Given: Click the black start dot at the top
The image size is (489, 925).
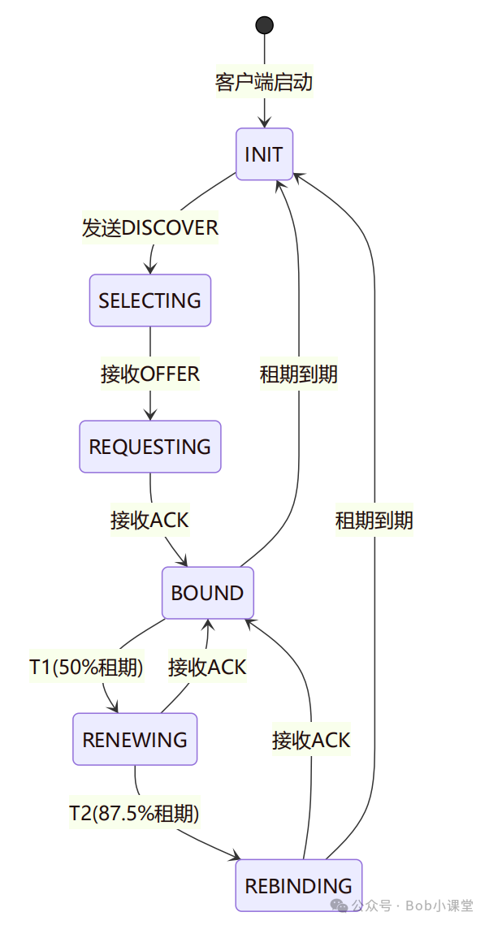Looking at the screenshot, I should [264, 25].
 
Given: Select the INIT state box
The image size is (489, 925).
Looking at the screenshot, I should [264, 154].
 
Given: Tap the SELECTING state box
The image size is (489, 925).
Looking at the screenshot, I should [150, 300].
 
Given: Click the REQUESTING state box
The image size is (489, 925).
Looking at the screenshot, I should [150, 447].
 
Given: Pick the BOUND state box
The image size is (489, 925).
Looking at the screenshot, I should [207, 593].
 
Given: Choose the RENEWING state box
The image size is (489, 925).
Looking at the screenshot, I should [135, 739].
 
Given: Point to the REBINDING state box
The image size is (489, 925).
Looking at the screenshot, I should [298, 885].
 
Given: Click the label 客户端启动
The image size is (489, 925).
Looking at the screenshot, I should [264, 82].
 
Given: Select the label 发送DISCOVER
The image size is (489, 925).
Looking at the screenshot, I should [150, 227].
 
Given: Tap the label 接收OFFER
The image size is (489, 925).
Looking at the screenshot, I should [150, 374].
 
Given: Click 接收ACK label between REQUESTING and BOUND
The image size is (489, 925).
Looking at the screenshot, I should [150, 520].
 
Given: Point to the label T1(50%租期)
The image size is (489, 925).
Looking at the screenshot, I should [87, 667].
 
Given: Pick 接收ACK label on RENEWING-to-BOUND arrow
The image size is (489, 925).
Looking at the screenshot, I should [207, 667].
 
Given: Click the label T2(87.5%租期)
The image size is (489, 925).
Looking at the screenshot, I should [134, 812].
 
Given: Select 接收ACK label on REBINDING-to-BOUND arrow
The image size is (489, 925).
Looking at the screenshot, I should [311, 740].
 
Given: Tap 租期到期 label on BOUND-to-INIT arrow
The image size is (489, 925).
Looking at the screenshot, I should [298, 374].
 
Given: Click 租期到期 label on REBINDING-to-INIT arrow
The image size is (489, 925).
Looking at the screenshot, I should [374, 520].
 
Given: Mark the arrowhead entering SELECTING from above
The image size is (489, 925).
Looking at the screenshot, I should [150, 270].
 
